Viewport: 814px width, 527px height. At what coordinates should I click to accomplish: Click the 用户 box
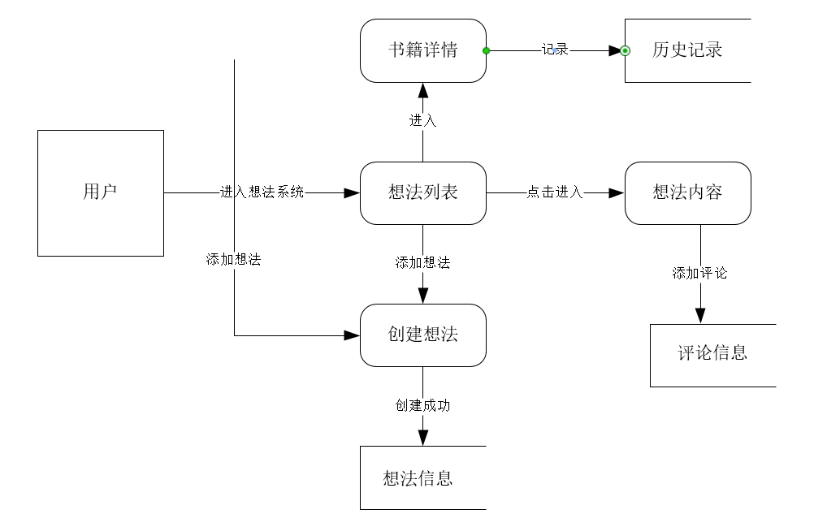pyautogui.click(x=101, y=192)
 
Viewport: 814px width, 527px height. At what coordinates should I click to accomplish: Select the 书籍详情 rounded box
pyautogui.click(x=422, y=50)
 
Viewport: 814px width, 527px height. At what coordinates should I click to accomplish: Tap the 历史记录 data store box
pyautogui.click(x=687, y=50)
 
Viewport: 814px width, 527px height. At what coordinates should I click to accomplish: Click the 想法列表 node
pyautogui.click(x=422, y=192)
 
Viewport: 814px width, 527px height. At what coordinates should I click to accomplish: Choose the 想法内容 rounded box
pyautogui.click(x=687, y=192)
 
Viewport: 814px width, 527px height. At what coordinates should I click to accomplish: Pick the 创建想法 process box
pyautogui.click(x=422, y=335)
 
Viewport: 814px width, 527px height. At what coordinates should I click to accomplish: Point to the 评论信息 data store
pyautogui.click(x=712, y=354)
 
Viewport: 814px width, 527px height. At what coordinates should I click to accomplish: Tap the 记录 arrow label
pyautogui.click(x=555, y=50)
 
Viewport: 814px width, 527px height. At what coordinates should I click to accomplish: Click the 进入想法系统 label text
pyautogui.click(x=262, y=192)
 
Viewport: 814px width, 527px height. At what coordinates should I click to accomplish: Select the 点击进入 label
pyautogui.click(x=555, y=192)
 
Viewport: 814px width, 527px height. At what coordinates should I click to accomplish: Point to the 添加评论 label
pyautogui.click(x=699, y=273)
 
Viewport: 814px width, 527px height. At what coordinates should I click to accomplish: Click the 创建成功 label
pyautogui.click(x=422, y=405)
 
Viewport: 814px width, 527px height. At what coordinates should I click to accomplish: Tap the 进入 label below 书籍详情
pyautogui.click(x=422, y=121)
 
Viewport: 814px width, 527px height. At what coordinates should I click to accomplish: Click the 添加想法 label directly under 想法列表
pyautogui.click(x=422, y=262)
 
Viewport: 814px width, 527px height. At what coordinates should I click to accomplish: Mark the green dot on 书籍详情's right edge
pyautogui.click(x=486, y=50)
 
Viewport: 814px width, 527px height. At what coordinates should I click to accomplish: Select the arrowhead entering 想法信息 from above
pyautogui.click(x=422, y=438)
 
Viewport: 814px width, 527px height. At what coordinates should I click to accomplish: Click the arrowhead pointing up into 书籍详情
pyautogui.click(x=422, y=90)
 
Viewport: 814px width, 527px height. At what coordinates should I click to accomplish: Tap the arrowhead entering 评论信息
pyautogui.click(x=699, y=316)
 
